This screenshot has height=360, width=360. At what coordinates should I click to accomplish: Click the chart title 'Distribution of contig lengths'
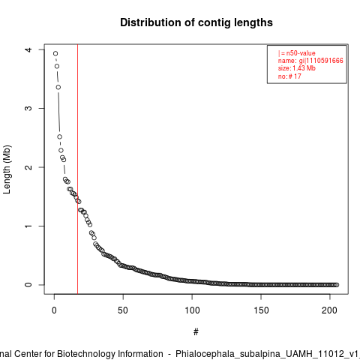tap(196, 22)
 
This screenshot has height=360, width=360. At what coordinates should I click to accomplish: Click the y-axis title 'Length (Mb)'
tap(7, 169)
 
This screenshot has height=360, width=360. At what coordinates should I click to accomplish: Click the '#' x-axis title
tap(196, 332)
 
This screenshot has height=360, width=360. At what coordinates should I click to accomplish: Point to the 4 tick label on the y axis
tap(28, 49)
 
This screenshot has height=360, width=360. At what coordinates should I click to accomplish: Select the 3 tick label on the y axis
tap(28, 108)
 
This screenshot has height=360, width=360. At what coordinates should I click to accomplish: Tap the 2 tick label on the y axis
tap(28, 167)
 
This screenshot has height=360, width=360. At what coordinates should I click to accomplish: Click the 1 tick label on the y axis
tap(28, 226)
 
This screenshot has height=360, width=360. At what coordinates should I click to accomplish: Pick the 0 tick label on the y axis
tap(28, 285)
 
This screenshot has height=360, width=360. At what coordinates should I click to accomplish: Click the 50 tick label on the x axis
tap(123, 310)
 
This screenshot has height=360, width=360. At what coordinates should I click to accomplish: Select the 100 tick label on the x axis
tap(192, 310)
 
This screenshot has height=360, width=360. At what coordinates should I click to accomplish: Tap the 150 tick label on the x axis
tap(261, 310)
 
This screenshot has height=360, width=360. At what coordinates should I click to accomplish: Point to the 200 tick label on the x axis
tap(330, 310)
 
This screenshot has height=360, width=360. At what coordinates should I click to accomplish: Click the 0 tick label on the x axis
tap(54, 310)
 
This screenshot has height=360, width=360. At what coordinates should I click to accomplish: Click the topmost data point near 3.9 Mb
tap(55, 53)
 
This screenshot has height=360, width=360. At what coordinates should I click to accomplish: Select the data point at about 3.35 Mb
tap(58, 87)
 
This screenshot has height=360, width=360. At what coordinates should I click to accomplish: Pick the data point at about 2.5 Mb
tap(59, 136)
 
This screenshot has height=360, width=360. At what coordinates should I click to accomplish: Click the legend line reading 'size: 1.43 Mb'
tap(297, 68)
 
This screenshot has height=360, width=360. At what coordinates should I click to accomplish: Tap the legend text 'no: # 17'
tap(289, 76)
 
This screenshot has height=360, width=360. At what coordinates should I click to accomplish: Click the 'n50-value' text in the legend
tap(301, 53)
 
